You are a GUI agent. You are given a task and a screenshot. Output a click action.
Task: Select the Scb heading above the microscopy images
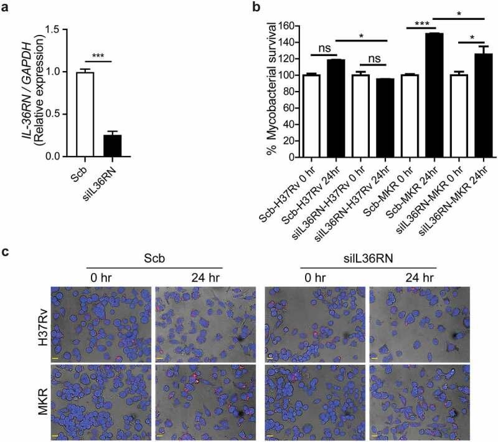156,259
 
